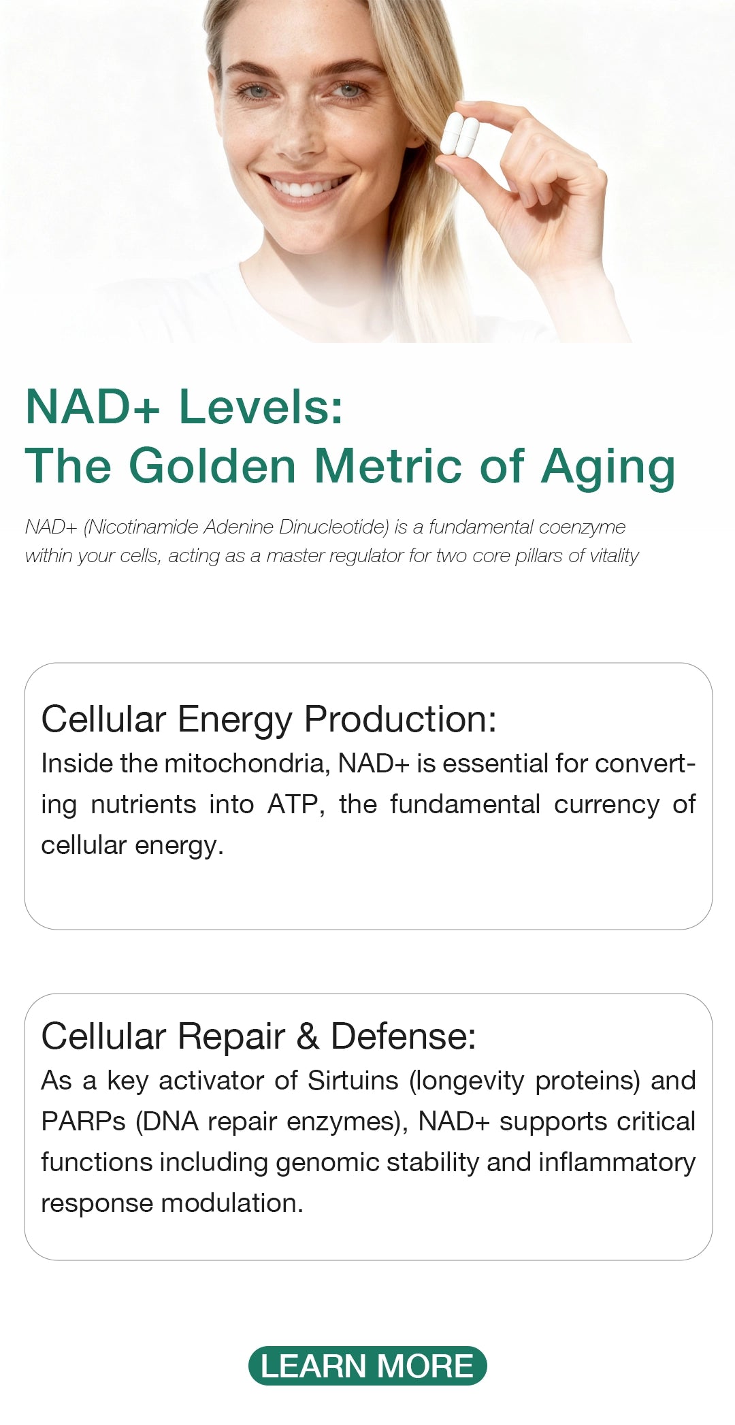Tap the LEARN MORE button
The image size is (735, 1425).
coord(367,1366)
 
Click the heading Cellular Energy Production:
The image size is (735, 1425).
coord(269,719)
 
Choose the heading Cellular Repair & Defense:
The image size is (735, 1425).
coord(259,1036)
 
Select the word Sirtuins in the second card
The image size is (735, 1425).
coord(353,1081)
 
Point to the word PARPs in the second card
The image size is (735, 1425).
coord(83,1121)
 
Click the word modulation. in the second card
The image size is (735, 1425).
coord(232,1203)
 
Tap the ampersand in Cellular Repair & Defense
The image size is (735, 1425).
coord(308,1036)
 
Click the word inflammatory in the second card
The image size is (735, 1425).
coord(617,1163)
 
